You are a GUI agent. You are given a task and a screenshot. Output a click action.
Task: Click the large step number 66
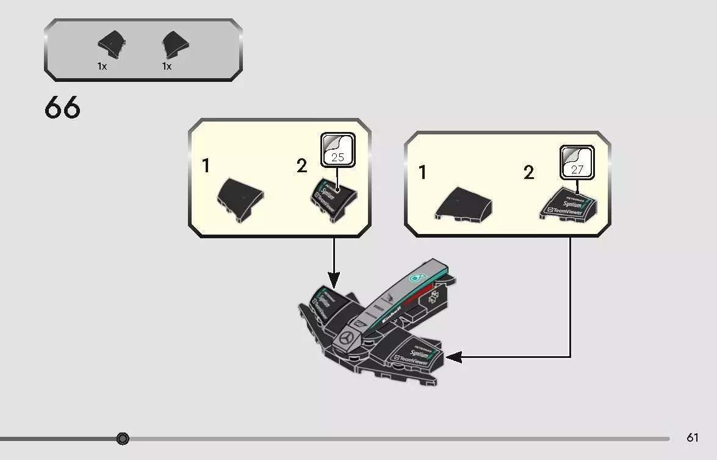coord(62,108)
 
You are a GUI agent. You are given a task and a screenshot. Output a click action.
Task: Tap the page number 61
coord(692,437)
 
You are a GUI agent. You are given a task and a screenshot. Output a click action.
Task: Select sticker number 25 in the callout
coord(337,157)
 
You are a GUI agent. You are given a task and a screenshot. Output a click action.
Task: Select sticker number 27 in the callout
coord(577,169)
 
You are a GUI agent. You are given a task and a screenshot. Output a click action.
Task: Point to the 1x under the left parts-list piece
coord(102,66)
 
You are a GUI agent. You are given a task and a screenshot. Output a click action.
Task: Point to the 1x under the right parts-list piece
coord(167,66)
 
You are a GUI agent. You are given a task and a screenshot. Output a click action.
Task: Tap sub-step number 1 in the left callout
coord(206,166)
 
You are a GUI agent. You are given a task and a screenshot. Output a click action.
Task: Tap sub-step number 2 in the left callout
coord(301,166)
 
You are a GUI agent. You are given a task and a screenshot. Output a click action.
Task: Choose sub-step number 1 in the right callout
coord(422,172)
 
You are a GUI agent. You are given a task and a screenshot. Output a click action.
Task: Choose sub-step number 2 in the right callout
coord(528,172)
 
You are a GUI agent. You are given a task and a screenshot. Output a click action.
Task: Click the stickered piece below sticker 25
coord(333,199)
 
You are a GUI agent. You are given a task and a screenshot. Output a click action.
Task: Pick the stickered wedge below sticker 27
coord(568,204)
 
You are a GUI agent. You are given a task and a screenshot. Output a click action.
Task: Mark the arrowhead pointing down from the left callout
coord(333,282)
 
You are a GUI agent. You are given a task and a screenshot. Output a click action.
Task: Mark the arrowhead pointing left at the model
coord(453,357)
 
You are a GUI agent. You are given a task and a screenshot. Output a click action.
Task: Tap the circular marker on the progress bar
coord(123,439)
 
